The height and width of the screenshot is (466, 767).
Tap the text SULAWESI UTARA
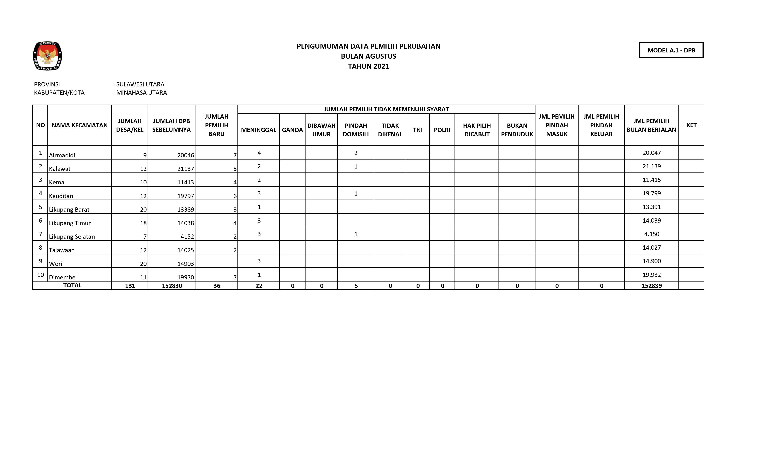140,84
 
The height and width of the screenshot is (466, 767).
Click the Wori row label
56,264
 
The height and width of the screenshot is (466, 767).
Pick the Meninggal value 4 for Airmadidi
259,153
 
